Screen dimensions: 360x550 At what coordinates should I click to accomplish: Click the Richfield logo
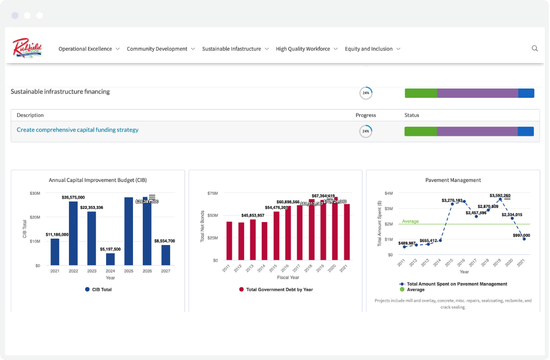(x=27, y=48)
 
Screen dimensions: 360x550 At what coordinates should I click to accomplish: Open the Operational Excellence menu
(x=85, y=49)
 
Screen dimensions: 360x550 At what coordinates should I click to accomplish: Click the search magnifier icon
(x=534, y=48)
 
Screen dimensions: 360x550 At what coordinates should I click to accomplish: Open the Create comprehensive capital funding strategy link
(x=77, y=130)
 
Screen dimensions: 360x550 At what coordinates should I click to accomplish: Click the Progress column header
(x=365, y=115)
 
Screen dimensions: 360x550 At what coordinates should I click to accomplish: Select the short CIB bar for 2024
(x=110, y=259)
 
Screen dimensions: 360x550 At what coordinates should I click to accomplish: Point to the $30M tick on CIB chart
(x=34, y=193)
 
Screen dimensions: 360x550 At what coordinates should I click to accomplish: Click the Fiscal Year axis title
(x=288, y=277)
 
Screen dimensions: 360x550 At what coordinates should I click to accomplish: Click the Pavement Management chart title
(x=453, y=180)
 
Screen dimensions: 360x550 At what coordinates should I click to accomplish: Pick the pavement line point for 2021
(x=524, y=239)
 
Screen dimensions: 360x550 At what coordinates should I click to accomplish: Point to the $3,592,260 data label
(x=500, y=196)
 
